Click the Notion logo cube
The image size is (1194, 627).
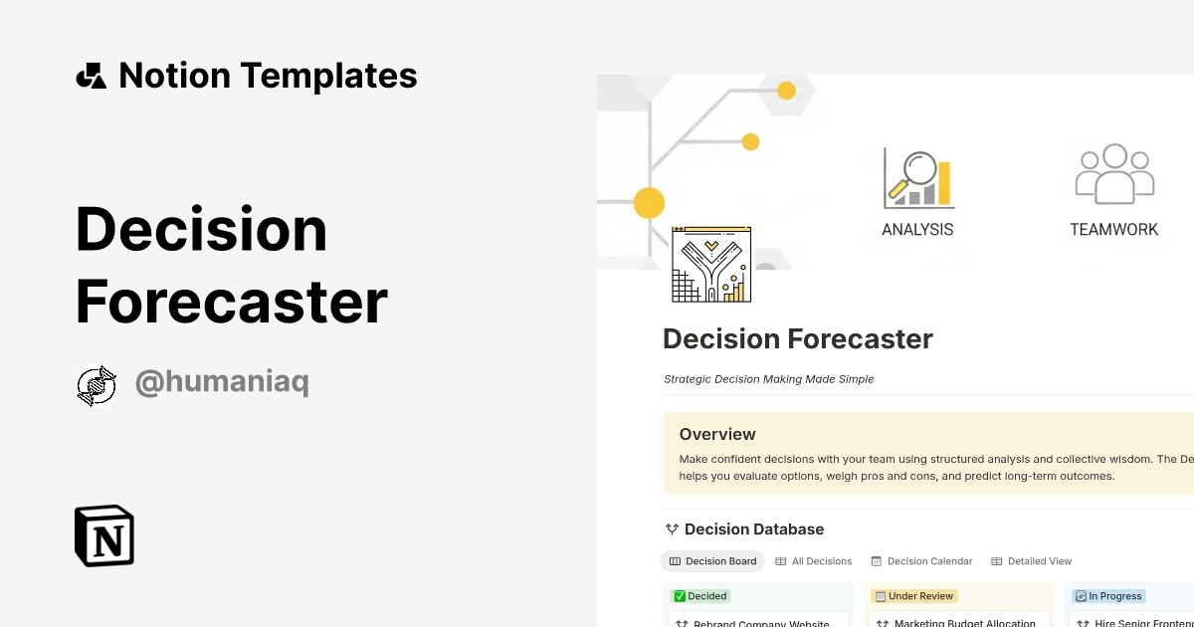[x=104, y=536]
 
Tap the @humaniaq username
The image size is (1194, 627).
[x=222, y=383]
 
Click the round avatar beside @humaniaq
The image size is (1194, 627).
[x=97, y=386]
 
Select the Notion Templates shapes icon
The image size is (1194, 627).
[x=92, y=76]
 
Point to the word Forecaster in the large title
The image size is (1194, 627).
[x=231, y=303]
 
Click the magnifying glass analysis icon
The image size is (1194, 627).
[x=917, y=177]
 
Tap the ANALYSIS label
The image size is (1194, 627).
[x=917, y=229]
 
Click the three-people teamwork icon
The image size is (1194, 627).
[x=1114, y=174]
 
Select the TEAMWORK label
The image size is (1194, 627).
[x=1114, y=229]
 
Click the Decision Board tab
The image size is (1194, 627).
[x=712, y=561]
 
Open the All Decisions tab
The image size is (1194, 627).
[x=814, y=561]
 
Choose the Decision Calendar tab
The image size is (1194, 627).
[x=921, y=561]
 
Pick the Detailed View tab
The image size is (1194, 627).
[x=1032, y=561]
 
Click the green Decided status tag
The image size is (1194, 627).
[x=701, y=596]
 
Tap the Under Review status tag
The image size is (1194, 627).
[x=913, y=596]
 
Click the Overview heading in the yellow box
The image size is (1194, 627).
[x=717, y=434]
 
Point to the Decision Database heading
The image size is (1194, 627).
[x=754, y=529]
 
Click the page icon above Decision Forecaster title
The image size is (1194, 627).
[x=711, y=265]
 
